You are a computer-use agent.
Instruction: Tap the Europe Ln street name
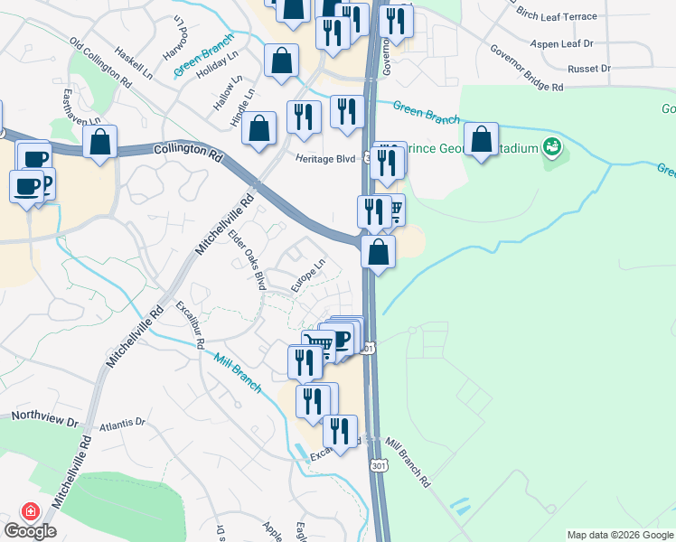click(x=306, y=277)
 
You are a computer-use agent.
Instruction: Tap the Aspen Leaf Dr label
click(x=562, y=42)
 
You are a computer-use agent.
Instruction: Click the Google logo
click(x=30, y=531)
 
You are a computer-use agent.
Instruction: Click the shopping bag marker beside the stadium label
click(x=482, y=140)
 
